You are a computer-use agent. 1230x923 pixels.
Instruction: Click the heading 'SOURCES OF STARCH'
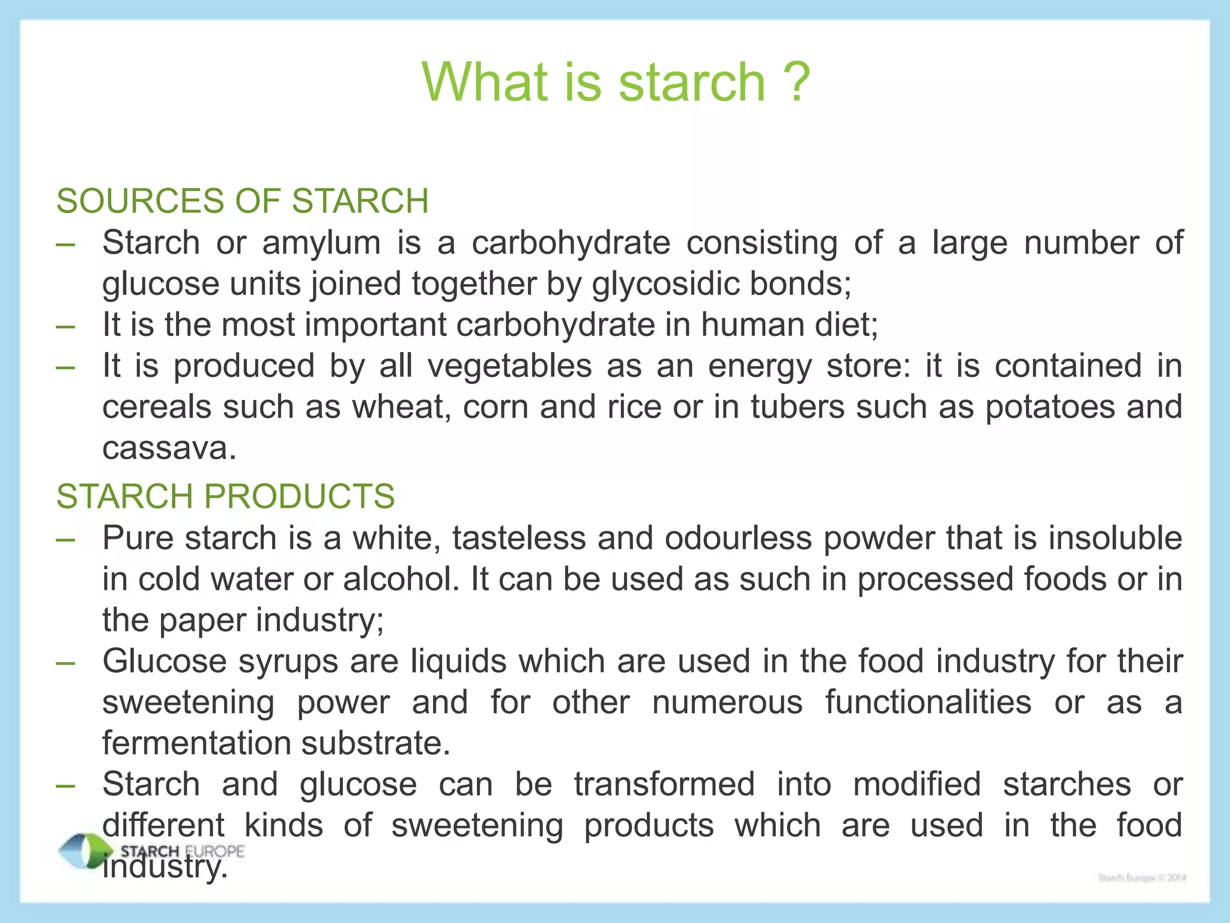(x=242, y=201)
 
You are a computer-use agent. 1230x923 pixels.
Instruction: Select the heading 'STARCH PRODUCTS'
(x=225, y=496)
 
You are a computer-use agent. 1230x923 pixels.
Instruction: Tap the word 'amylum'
(x=321, y=243)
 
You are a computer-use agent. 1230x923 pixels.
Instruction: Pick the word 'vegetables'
(x=509, y=366)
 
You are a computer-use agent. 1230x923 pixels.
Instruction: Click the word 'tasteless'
(x=519, y=538)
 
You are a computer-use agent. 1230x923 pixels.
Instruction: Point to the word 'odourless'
(x=738, y=538)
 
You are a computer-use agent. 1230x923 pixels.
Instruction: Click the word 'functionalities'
(x=928, y=702)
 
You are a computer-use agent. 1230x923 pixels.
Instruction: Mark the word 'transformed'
(x=664, y=784)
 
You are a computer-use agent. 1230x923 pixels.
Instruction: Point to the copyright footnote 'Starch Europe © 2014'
(x=1142, y=878)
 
